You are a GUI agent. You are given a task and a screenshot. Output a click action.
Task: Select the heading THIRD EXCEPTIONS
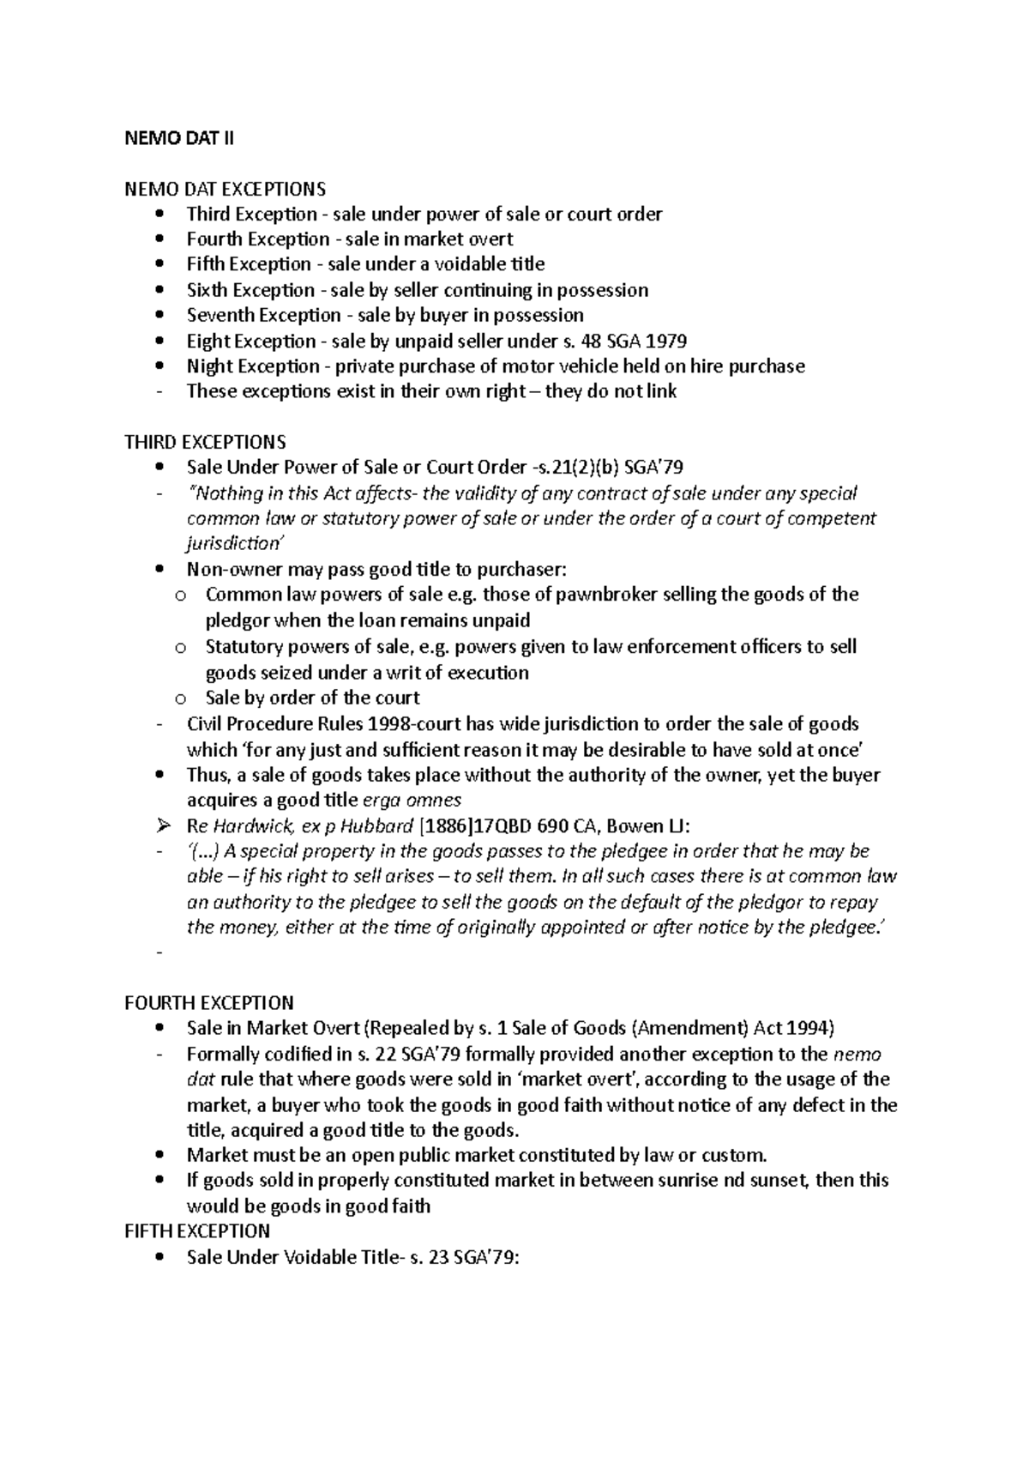click(205, 442)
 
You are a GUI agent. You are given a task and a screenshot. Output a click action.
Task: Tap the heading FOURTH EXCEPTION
click(208, 1002)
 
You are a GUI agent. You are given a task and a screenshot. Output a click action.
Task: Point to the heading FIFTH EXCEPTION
click(197, 1231)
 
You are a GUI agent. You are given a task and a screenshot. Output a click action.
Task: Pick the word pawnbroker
click(609, 595)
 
